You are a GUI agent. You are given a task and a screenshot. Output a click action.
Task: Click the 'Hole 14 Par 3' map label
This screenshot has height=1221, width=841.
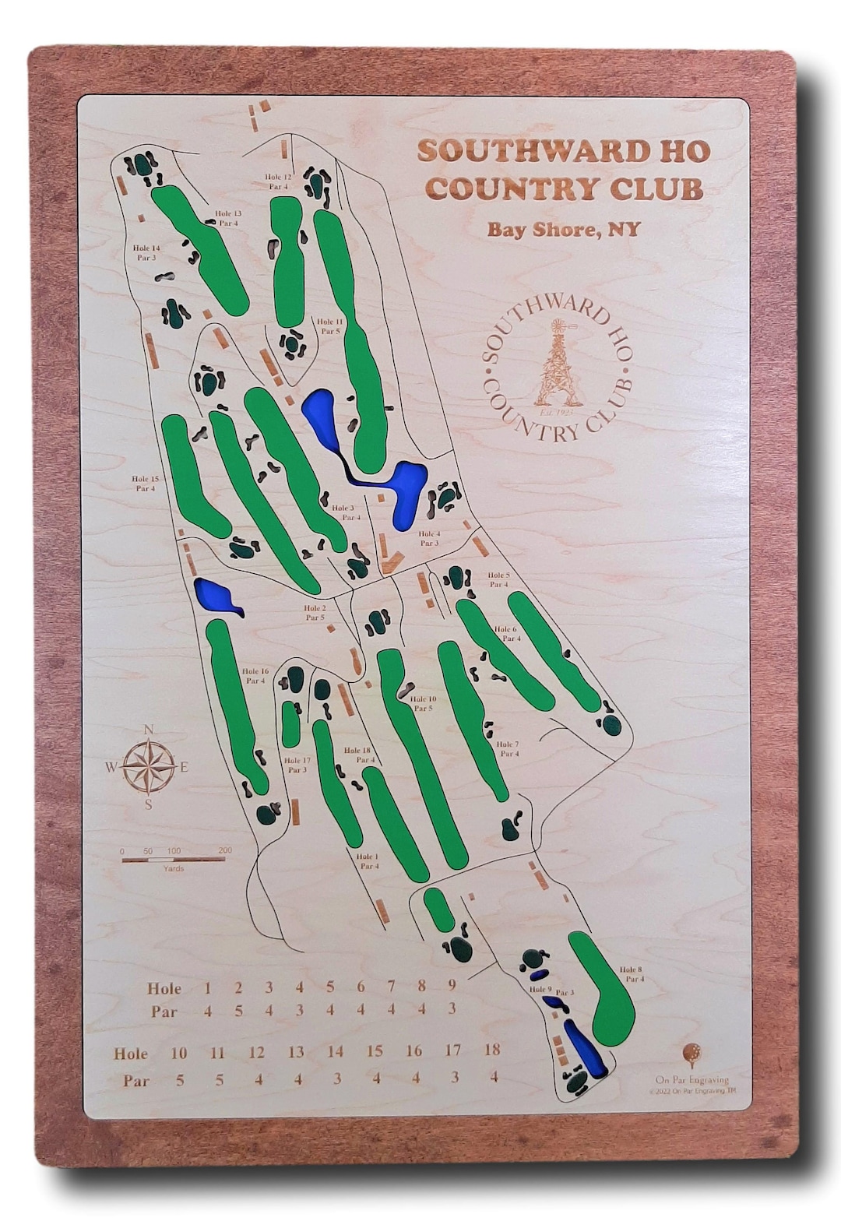pos(146,252)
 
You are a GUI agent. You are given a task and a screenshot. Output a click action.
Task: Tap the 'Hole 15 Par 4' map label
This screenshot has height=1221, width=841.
pos(145,484)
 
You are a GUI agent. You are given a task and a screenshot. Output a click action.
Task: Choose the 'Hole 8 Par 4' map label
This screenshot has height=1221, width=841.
pos(632,974)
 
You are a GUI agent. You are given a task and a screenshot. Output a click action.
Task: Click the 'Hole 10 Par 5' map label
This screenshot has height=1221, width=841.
pos(423,704)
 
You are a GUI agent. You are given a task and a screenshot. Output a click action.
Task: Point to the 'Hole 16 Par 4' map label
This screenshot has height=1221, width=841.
pos(255,676)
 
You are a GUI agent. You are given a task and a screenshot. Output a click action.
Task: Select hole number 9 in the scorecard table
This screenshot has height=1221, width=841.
pos(452,985)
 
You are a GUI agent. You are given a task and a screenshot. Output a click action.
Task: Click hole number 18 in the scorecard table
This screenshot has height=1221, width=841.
pos(492,1049)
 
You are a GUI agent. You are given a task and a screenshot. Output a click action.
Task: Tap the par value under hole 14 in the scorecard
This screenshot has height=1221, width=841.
pos(336,1078)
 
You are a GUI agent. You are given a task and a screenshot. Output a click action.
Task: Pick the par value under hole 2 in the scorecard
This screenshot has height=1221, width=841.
pos(238,1011)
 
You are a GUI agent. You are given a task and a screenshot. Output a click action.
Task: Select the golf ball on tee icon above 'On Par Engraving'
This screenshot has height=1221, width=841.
pos(689,1054)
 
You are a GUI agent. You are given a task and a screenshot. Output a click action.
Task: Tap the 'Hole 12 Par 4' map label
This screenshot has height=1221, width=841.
pos(277,182)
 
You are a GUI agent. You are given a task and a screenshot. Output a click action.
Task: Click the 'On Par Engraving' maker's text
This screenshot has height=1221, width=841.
pos(692,1079)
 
